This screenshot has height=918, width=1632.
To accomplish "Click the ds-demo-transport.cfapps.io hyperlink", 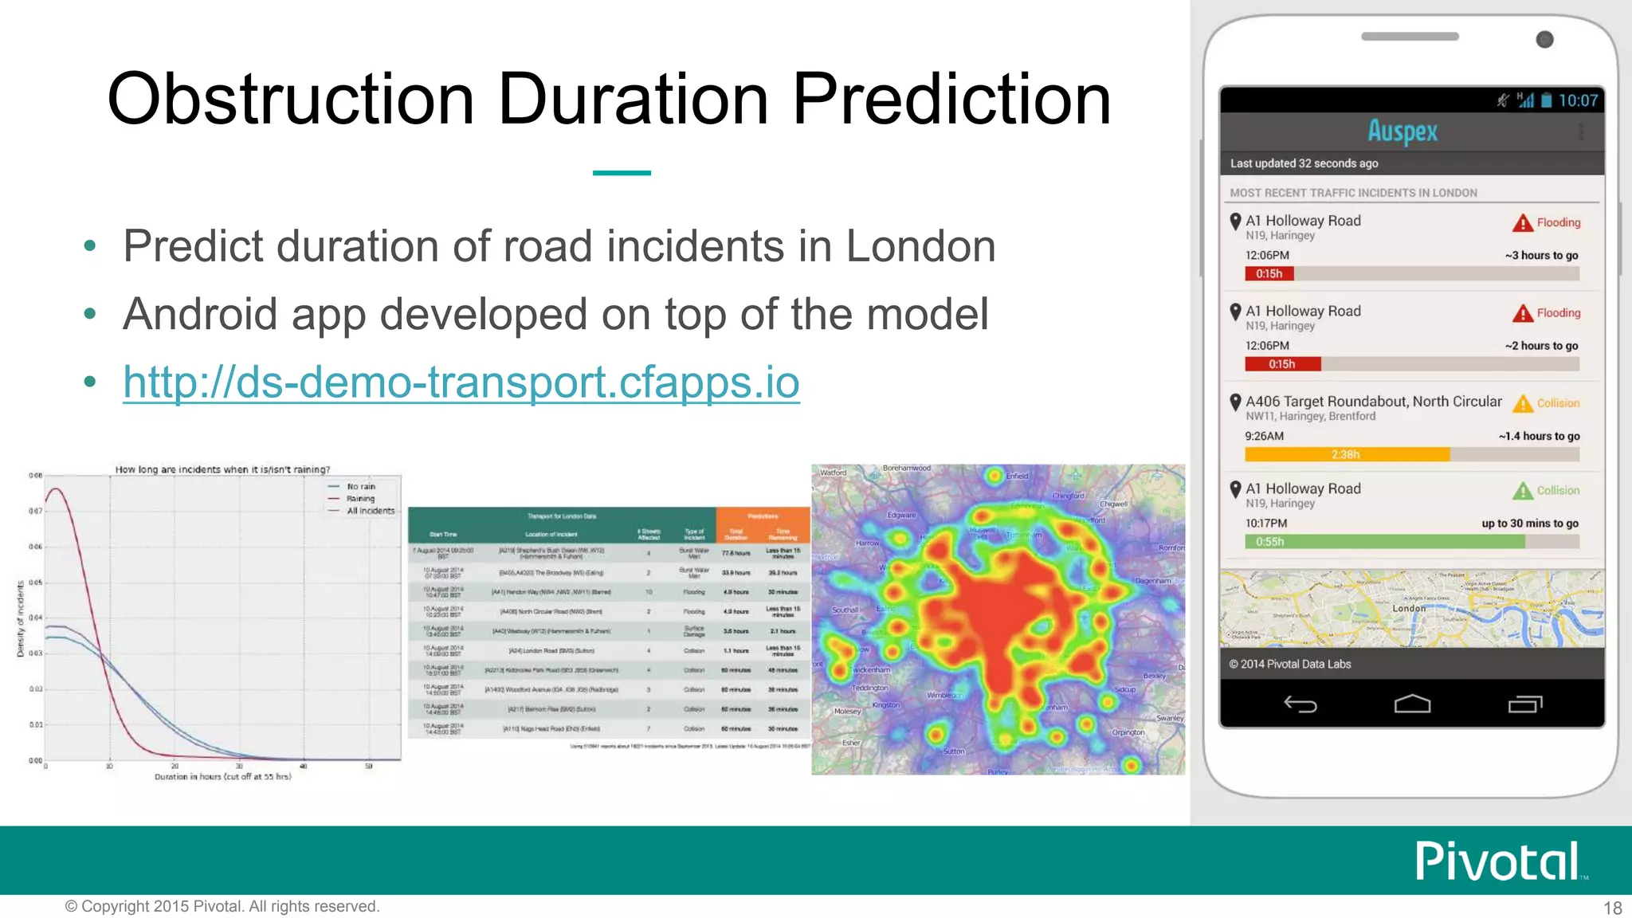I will coord(461,382).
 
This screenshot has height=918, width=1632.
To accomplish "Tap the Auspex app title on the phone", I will coord(1402,131).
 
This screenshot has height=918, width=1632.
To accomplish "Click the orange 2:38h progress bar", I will coord(1347,454).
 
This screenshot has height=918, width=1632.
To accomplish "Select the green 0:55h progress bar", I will coord(1384,542).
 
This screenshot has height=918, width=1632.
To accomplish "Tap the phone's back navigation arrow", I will coord(1300,704).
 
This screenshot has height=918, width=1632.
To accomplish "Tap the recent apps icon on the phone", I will coord(1524,704).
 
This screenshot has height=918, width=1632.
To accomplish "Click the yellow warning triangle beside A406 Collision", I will coord(1523,403).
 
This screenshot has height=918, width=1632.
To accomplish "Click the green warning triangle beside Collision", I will coord(1523,491).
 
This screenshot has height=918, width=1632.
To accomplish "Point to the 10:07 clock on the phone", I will coord(1578,100).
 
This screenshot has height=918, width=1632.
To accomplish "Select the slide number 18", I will coord(1612,908).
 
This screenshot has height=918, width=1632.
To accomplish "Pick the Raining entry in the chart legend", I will coord(360,499).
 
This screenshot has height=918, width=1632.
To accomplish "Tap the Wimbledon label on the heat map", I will coord(945,695).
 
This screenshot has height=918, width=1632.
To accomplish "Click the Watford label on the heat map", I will coord(834,473).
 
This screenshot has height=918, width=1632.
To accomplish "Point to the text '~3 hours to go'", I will coord(1541,255).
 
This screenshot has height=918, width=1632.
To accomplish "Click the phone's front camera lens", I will coord(1544,39).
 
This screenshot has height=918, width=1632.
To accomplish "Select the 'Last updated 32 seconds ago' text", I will coord(1304,163).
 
